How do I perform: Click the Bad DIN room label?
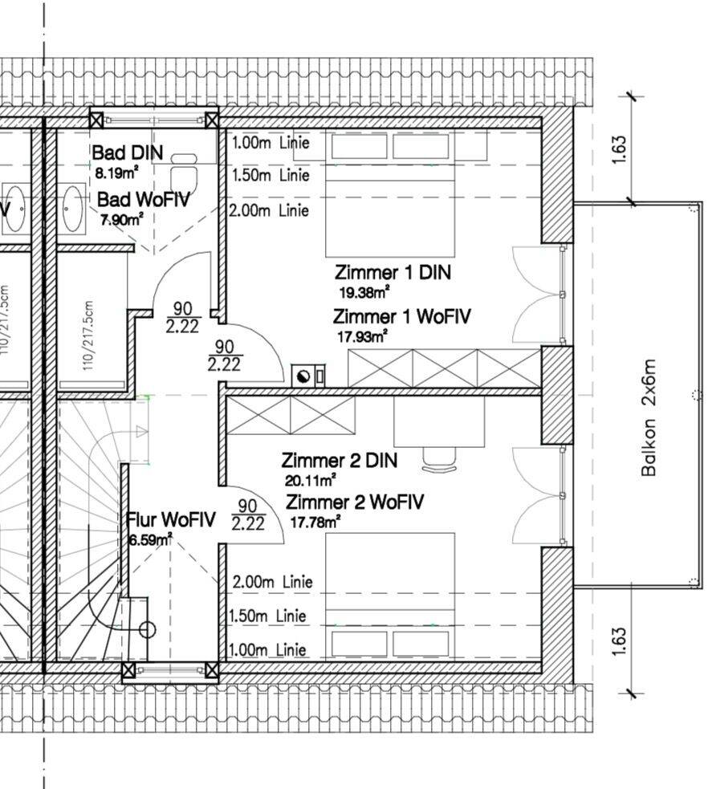coord(128,153)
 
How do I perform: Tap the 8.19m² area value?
coord(117,172)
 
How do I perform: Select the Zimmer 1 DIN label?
coord(393,272)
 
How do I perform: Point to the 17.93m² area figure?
coord(363,336)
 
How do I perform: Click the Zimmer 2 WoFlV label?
coord(355,502)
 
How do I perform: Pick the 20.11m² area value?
coord(310,481)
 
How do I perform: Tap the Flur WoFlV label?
coord(171,520)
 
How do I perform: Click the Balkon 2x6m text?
coord(649,417)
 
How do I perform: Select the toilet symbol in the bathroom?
coord(184,173)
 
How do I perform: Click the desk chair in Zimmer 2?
coord(439,457)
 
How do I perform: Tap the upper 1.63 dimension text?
coord(619,150)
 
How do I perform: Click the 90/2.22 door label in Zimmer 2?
coord(247,515)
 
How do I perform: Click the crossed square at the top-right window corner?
coord(212,120)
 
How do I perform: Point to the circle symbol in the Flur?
coord(147,629)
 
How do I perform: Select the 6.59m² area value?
coord(150,539)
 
